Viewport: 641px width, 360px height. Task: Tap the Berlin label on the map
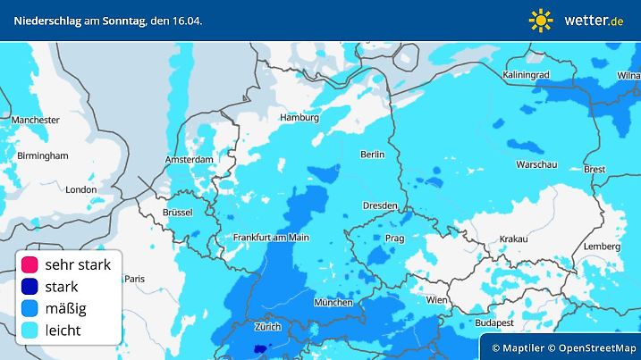[372, 155]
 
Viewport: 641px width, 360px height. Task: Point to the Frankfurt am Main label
[270, 237]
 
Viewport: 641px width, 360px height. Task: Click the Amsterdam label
[189, 160]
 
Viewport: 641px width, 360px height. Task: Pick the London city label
[80, 189]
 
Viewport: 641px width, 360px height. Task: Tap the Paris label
[134, 279]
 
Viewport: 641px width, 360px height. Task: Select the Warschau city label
[537, 165]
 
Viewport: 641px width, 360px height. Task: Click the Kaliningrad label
[530, 74]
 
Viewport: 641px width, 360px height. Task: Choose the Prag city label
[395, 239]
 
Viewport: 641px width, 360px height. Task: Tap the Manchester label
[36, 119]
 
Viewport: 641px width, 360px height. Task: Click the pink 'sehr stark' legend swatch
[30, 264]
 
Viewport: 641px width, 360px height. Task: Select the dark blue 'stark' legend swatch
[30, 287]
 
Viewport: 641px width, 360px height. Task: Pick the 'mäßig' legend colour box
[30, 308]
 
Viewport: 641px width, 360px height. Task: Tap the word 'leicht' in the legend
[63, 331]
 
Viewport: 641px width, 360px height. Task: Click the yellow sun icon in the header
[541, 20]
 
